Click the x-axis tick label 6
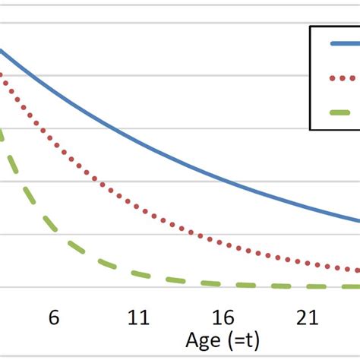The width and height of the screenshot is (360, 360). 53,317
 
